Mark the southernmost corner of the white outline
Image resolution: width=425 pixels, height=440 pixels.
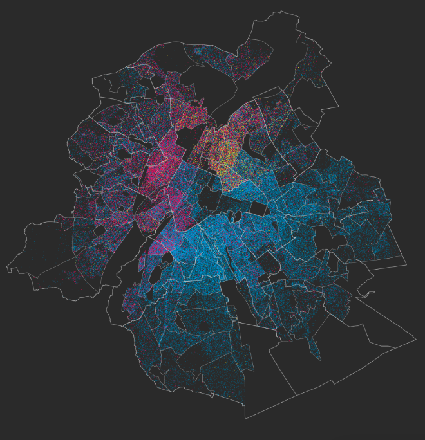tap(245, 419)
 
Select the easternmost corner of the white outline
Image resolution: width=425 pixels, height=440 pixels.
tap(416, 338)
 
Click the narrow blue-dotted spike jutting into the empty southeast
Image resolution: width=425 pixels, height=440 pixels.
tap(316, 347)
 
